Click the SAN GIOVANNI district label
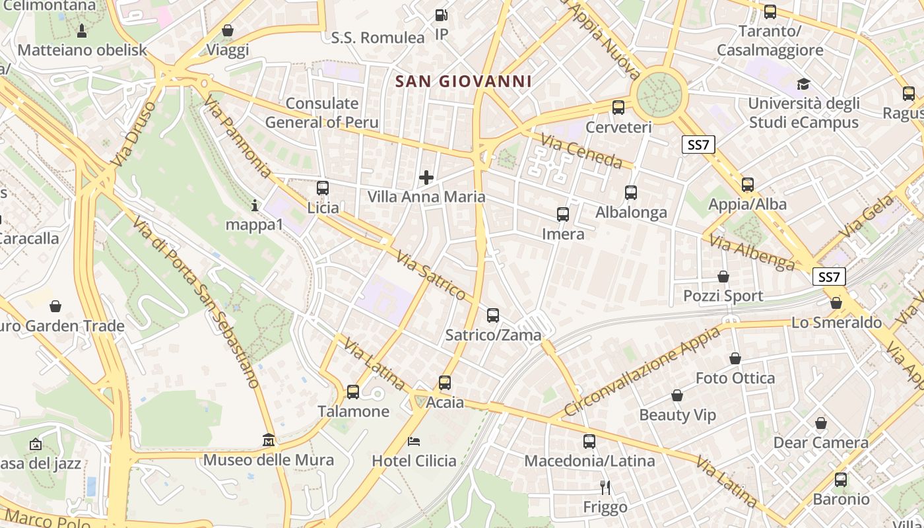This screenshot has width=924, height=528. coord(463,81)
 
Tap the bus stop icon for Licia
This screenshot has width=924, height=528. coord(323,188)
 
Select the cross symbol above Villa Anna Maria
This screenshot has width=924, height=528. coord(426,177)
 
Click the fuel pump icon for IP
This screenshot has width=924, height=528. coord(441,15)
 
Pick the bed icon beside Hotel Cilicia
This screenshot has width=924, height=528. coord(414,441)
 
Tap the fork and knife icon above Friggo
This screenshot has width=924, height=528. coord(605,488)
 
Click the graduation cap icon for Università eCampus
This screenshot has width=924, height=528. coord(803,84)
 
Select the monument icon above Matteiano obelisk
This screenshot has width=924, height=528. coord(82,30)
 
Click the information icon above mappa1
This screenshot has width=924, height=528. coord(255,205)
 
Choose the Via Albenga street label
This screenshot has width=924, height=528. coord(752,252)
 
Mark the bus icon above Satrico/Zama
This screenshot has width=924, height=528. coord(493,315)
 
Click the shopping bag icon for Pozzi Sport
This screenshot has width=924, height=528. coord(723,277)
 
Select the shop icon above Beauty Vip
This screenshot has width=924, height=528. coord(677,395)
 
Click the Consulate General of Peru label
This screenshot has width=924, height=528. coord(322,113)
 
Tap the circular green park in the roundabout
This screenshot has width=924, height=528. coord(658,95)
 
